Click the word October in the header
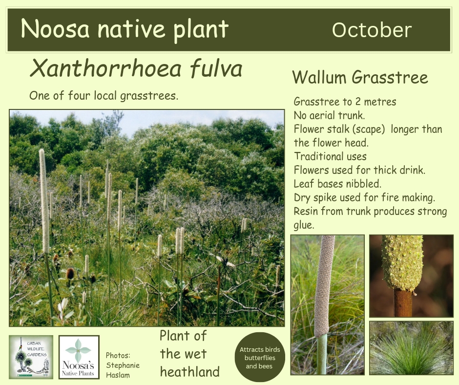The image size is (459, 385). [x=372, y=30]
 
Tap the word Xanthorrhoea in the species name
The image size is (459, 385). [x=105, y=68]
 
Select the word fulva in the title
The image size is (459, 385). [x=216, y=68]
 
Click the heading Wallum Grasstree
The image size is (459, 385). [x=360, y=77]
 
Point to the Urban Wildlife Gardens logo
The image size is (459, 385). [x=31, y=357]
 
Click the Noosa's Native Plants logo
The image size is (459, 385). [x=79, y=357]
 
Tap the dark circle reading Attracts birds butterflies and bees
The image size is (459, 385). [x=260, y=357]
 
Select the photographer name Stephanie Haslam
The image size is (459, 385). [x=123, y=370]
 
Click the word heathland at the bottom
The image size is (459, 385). [x=189, y=372]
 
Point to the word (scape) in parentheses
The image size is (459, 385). [x=370, y=129]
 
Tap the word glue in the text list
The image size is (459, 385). [x=304, y=225]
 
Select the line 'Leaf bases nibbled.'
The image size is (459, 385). [x=337, y=184]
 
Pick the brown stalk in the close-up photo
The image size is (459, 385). [x=403, y=302]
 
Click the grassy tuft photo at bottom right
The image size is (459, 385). [x=411, y=348]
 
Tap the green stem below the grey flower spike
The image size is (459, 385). [x=321, y=355]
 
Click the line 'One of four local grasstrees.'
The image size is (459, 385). [x=104, y=96]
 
